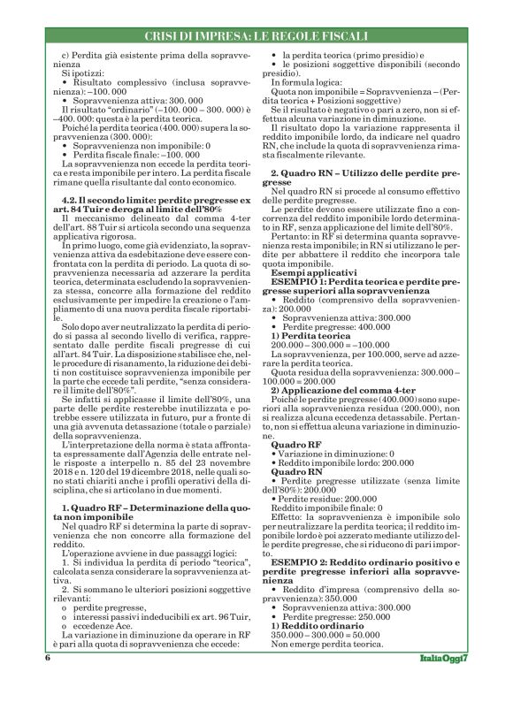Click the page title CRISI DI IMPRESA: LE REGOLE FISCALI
click(256, 34)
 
